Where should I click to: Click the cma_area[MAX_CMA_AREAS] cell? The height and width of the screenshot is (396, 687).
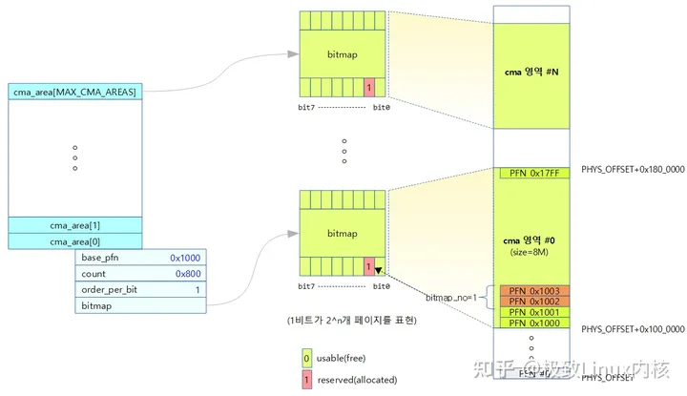(x=74, y=92)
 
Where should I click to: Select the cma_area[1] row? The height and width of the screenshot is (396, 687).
(x=74, y=225)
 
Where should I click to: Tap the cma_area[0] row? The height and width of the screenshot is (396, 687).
(x=74, y=241)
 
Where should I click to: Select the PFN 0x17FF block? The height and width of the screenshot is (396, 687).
(x=531, y=174)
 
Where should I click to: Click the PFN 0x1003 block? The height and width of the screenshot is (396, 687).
(x=531, y=290)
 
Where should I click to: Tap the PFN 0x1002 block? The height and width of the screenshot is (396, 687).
(x=531, y=301)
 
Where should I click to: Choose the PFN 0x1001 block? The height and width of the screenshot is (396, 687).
(x=531, y=312)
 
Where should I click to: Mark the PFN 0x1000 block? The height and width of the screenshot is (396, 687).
(x=531, y=323)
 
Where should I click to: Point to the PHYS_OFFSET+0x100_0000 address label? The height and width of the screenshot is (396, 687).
(x=632, y=328)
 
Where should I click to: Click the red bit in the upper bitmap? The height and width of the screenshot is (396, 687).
(x=368, y=88)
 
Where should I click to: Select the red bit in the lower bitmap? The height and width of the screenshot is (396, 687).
(x=368, y=267)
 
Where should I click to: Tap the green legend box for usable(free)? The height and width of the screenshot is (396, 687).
(x=305, y=358)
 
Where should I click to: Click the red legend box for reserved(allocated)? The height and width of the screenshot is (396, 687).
(x=305, y=379)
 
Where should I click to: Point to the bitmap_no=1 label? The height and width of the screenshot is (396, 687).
(x=454, y=299)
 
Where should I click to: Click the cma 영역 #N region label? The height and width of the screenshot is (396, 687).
(x=531, y=73)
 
